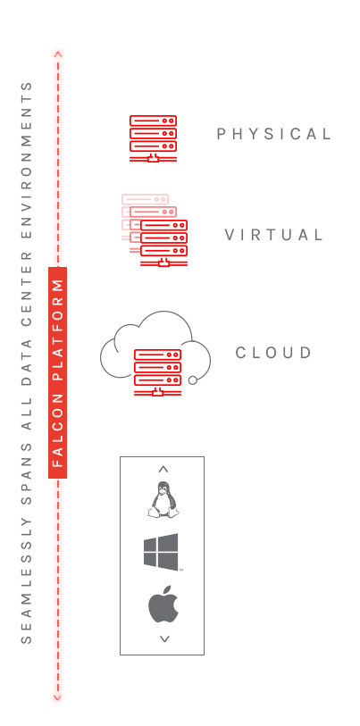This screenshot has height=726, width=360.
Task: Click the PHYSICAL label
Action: click(274, 134)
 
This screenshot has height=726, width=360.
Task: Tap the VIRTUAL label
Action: click(274, 235)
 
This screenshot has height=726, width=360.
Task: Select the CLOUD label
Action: click(274, 353)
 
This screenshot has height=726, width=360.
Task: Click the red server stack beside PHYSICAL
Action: click(153, 139)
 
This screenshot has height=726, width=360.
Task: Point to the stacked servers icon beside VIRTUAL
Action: click(155, 230)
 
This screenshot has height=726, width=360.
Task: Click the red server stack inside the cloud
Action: click(157, 372)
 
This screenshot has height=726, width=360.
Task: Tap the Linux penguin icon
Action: click(163, 499)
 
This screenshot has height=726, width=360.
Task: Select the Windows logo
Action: click(161, 552)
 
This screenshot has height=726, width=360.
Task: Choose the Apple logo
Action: click(163, 605)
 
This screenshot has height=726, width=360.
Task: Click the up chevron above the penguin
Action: click(163, 470)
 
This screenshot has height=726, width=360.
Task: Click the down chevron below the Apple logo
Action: click(164, 639)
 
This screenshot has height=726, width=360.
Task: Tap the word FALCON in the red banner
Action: click(57, 430)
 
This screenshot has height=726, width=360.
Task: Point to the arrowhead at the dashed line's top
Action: click(58, 54)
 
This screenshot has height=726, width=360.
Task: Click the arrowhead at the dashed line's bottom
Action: click(57, 697)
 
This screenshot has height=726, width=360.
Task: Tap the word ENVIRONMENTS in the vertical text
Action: click(27, 160)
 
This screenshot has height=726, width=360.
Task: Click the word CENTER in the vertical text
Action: click(27, 288)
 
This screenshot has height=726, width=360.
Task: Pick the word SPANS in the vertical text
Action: click(27, 473)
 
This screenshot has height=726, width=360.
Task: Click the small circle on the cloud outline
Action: click(193, 380)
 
